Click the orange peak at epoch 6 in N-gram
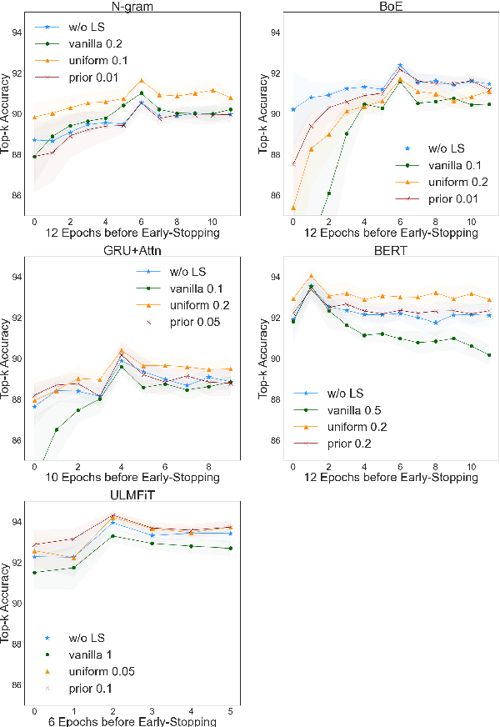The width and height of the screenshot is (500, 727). (142, 81)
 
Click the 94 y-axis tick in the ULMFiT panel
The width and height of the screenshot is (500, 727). (17, 523)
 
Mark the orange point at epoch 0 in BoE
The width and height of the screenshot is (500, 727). (292, 208)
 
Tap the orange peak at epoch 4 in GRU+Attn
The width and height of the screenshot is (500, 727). (122, 350)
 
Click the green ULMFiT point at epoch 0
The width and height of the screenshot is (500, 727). (34, 572)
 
